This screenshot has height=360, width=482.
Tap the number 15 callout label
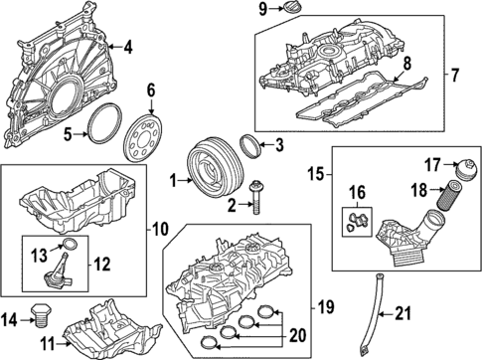[313, 175]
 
